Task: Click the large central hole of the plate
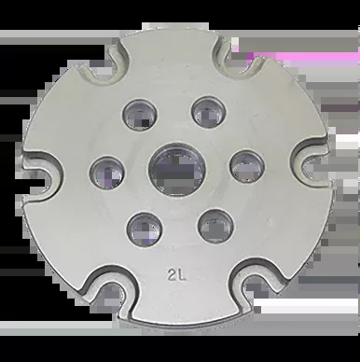click(177, 170)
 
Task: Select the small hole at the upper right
click(209, 112)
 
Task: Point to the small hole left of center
click(107, 173)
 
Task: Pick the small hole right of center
click(247, 167)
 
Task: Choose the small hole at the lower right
click(215, 226)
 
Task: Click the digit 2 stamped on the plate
click(172, 275)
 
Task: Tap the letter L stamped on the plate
click(182, 275)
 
